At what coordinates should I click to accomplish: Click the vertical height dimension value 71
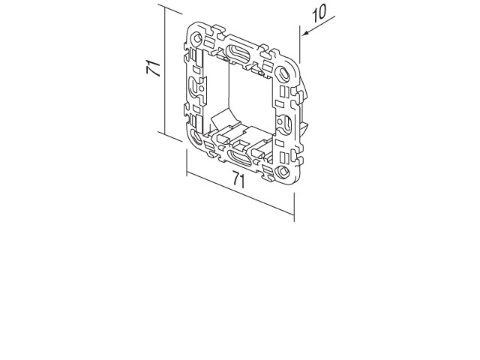pyautogui.click(x=153, y=68)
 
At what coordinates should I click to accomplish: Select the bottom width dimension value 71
pyautogui.click(x=238, y=179)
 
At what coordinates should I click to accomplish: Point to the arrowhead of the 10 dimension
pyautogui.click(x=305, y=33)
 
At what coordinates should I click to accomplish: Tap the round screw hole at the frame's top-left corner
pyautogui.click(x=196, y=38)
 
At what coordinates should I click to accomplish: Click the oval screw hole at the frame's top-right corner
pyautogui.click(x=283, y=73)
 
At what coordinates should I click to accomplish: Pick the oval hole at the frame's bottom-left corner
pyautogui.click(x=195, y=136)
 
